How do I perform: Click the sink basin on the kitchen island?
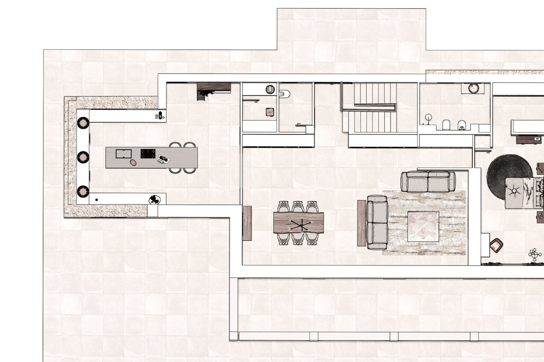[124, 154]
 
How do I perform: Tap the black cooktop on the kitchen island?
[148, 154]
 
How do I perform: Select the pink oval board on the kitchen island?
[133, 162]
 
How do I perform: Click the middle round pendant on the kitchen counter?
[83, 157]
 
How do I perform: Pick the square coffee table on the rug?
[423, 226]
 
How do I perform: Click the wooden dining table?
[298, 223]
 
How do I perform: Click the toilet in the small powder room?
[285, 94]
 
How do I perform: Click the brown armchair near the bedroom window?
[496, 245]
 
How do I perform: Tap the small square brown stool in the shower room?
[269, 112]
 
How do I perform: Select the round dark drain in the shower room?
[270, 89]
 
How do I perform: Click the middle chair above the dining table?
[298, 207]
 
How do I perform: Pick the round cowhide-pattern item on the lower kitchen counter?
[154, 200]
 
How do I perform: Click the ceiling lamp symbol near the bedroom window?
[535, 255]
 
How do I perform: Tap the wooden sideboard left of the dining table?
[247, 223]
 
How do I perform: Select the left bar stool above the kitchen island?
[175, 145]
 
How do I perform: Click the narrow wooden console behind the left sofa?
[362, 223]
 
